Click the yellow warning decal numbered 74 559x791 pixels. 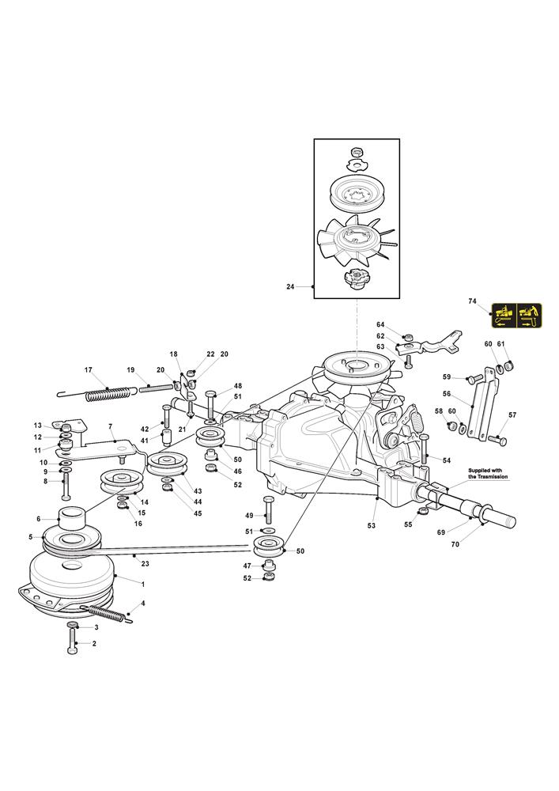point(516,316)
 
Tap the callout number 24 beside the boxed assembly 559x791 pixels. point(290,287)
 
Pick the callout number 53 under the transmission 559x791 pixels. point(372,526)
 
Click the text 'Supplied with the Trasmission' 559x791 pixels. point(488,473)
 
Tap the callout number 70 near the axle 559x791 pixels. point(455,544)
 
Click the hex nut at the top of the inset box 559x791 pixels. point(357,152)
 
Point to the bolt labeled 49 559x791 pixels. point(267,509)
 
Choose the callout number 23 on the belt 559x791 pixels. point(145,563)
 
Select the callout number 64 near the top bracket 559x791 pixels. point(380,325)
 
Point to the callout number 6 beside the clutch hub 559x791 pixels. point(38,519)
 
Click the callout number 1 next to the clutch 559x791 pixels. point(142,585)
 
